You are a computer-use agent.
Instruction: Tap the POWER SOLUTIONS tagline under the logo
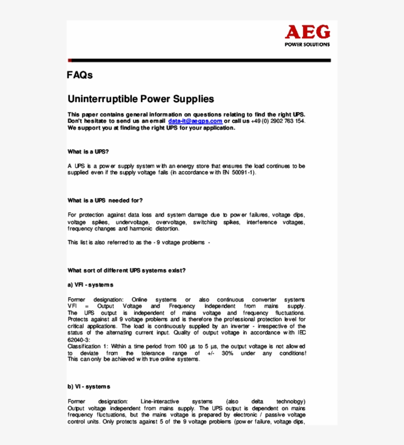[x=307, y=44]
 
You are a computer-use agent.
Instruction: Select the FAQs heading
[x=80, y=75]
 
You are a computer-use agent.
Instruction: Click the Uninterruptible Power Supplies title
[x=140, y=99]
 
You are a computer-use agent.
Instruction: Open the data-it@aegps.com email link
[x=195, y=121]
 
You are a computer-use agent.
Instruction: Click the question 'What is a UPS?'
[x=88, y=151]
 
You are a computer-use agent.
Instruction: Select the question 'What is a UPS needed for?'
[x=105, y=201]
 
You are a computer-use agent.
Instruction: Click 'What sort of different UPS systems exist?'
[x=127, y=270]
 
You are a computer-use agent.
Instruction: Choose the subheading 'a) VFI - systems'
[x=90, y=285]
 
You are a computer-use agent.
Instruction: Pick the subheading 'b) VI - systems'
[x=89, y=386]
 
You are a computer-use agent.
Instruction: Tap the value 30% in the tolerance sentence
[x=227, y=353]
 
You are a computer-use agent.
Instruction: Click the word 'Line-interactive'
[x=160, y=402]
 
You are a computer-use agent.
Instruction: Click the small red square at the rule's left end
[x=69, y=61]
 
